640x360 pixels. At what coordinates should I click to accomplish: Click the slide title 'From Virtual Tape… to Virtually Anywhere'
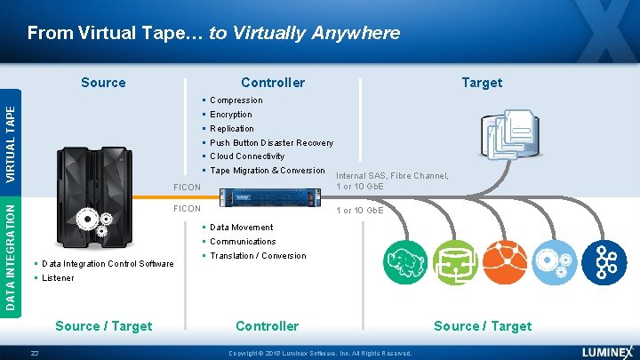(x=213, y=33)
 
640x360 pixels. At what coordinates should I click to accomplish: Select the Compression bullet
(x=236, y=100)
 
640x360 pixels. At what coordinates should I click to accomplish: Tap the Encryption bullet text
(x=230, y=115)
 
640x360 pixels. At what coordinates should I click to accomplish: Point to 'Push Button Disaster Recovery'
(x=271, y=143)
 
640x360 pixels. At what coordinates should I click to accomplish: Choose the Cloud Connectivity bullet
(x=247, y=156)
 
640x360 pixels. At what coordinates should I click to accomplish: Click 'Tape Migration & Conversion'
(x=267, y=171)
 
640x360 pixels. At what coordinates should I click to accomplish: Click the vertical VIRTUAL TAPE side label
(x=10, y=142)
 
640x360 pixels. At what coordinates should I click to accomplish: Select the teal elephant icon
(x=404, y=261)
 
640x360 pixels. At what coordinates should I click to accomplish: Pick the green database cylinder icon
(x=455, y=261)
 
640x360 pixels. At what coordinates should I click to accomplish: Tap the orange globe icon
(x=506, y=261)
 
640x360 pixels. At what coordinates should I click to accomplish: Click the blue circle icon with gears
(x=556, y=261)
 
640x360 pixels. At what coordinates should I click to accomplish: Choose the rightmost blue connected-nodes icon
(x=607, y=261)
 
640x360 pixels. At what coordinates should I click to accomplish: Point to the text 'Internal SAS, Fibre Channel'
(x=392, y=176)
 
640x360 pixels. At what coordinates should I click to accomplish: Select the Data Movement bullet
(x=241, y=228)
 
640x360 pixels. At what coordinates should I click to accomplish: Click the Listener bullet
(x=58, y=278)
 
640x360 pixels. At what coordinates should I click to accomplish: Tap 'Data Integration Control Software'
(x=108, y=264)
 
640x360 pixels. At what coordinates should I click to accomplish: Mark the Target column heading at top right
(x=482, y=83)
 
